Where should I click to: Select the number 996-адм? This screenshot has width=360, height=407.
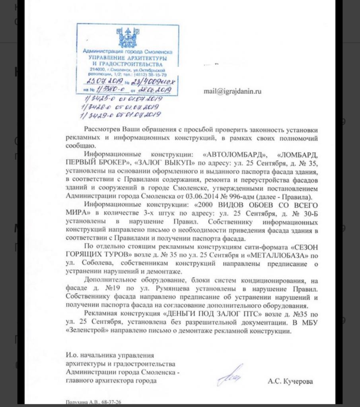coord(251,196)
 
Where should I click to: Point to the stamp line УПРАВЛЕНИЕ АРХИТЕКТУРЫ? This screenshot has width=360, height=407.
coord(127,58)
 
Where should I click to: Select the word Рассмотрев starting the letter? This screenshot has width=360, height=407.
coord(103,130)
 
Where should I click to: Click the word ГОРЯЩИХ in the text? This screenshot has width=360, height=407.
coord(82,254)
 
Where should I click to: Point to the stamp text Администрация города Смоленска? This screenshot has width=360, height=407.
coord(127,52)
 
